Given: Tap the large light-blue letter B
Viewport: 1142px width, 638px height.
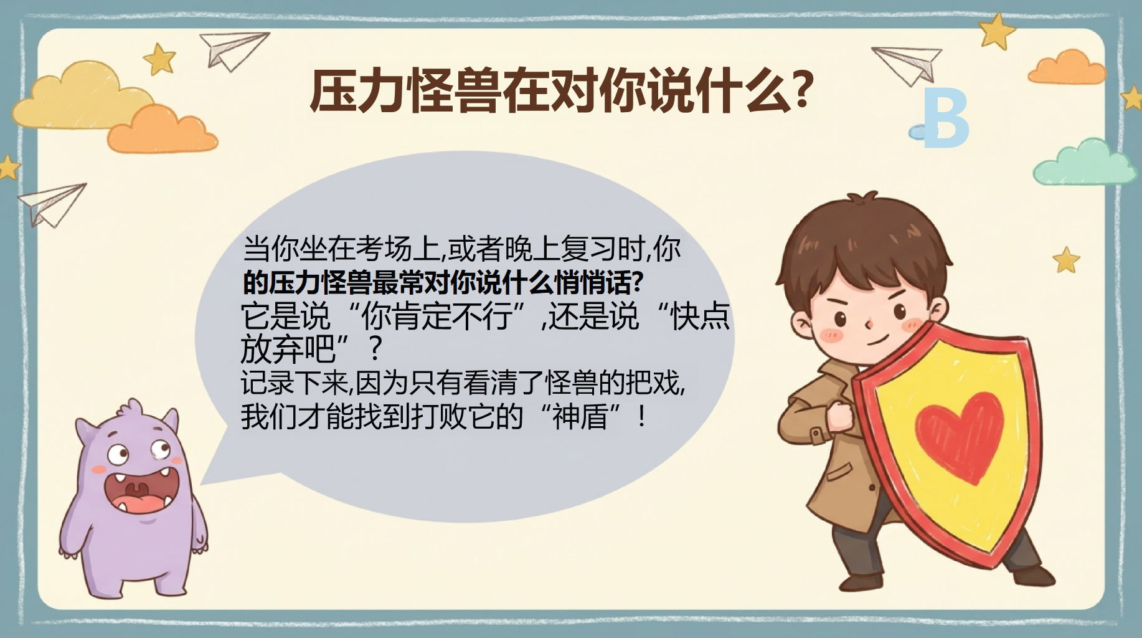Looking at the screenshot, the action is pyautogui.click(x=946, y=118).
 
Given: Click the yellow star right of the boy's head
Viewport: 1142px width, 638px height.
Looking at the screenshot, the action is pyautogui.click(x=1066, y=260).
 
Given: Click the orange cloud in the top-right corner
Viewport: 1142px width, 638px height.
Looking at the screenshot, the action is pyautogui.click(x=1066, y=68).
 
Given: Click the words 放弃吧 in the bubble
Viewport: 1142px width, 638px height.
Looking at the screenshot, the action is pyautogui.click(x=288, y=349).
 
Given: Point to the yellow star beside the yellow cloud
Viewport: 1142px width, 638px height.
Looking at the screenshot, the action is pyautogui.click(x=160, y=59).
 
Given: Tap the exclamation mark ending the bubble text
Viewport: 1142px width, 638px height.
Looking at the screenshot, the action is pyautogui.click(x=642, y=416).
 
